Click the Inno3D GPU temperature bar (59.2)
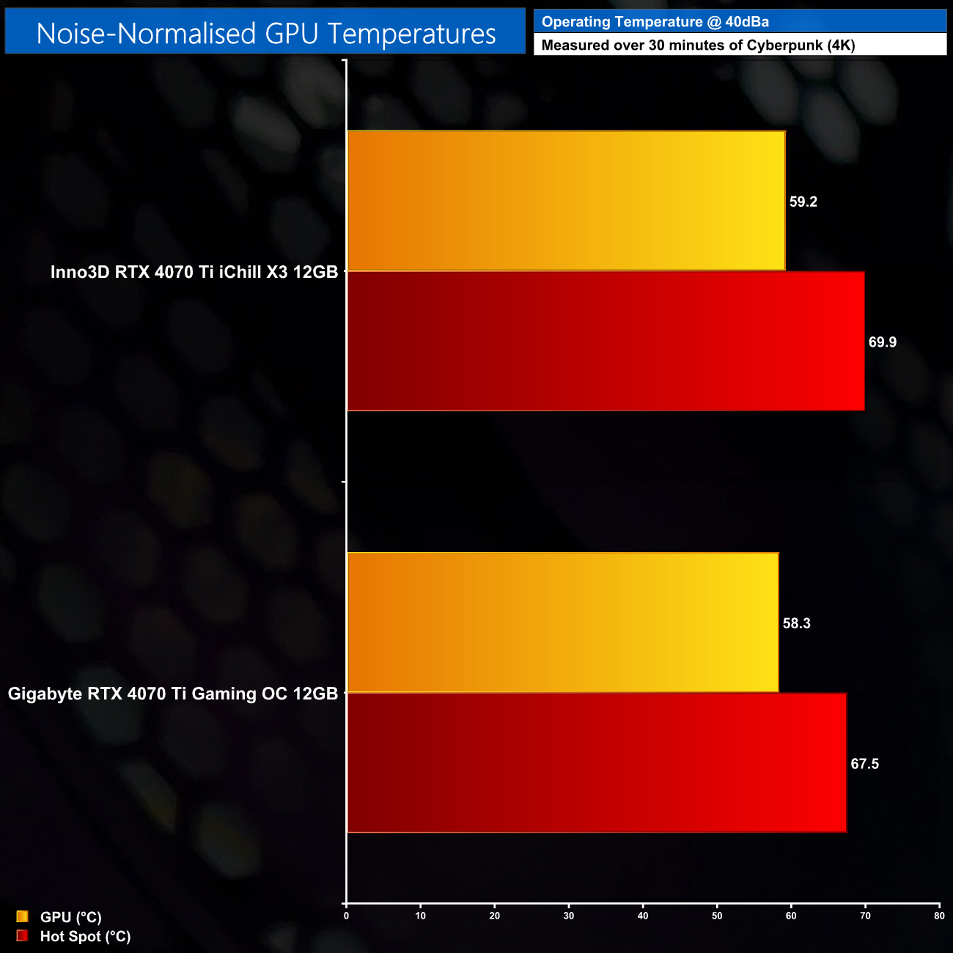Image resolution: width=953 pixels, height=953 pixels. coord(565,201)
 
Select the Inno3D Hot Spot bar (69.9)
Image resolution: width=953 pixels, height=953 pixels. coord(605,342)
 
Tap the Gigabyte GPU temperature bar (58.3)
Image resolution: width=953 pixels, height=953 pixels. coord(562,622)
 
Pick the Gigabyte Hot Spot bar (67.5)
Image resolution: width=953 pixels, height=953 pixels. coord(596,763)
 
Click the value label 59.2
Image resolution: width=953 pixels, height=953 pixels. coord(803,202)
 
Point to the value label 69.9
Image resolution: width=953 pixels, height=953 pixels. coord(882,342)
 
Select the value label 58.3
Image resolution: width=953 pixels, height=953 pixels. coord(796,624)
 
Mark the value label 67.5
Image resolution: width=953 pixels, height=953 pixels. coord(864,764)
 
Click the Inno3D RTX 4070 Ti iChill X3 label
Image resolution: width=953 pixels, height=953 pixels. coord(194,272)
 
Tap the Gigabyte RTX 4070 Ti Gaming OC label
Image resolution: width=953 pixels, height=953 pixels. coord(173,693)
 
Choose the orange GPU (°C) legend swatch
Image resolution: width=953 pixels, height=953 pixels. coord(22,916)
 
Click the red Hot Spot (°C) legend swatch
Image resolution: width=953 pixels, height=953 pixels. coord(22,935)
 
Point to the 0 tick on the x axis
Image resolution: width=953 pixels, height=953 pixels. coord(346,916)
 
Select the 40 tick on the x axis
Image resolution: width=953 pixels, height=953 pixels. coord(643,916)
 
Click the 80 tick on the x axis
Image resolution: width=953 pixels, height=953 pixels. coord(939,916)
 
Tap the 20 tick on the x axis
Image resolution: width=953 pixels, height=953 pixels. coord(495,916)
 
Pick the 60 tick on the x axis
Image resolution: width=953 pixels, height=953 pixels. coord(791,916)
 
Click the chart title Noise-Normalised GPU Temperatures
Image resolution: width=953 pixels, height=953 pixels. coord(265,33)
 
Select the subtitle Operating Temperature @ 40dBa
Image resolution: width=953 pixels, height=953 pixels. coord(655,22)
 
